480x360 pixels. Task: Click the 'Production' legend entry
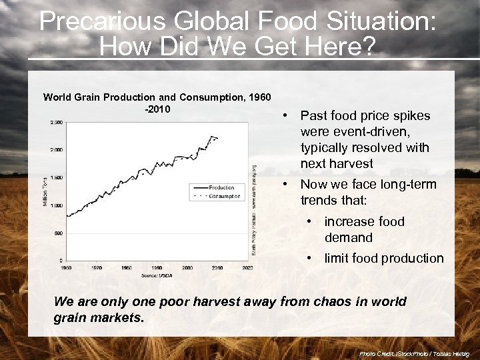pyautogui.click(x=221, y=187)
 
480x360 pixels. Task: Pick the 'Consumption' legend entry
pyautogui.click(x=224, y=196)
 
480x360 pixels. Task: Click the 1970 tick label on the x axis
pyautogui.click(x=97, y=267)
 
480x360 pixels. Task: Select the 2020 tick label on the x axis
pyautogui.click(x=247, y=267)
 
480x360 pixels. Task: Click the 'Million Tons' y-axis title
pyautogui.click(x=45, y=191)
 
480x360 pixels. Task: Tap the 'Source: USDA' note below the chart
pyautogui.click(x=156, y=275)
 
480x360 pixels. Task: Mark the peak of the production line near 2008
pyautogui.click(x=212, y=136)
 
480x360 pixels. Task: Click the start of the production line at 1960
pyautogui.click(x=67, y=215)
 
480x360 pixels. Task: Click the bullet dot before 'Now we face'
pyautogui.click(x=285, y=184)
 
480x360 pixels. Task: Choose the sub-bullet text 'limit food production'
pyautogui.click(x=383, y=258)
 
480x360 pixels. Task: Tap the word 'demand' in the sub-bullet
pyautogui.click(x=348, y=237)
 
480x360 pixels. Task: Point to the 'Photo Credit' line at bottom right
pyautogui.click(x=414, y=353)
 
